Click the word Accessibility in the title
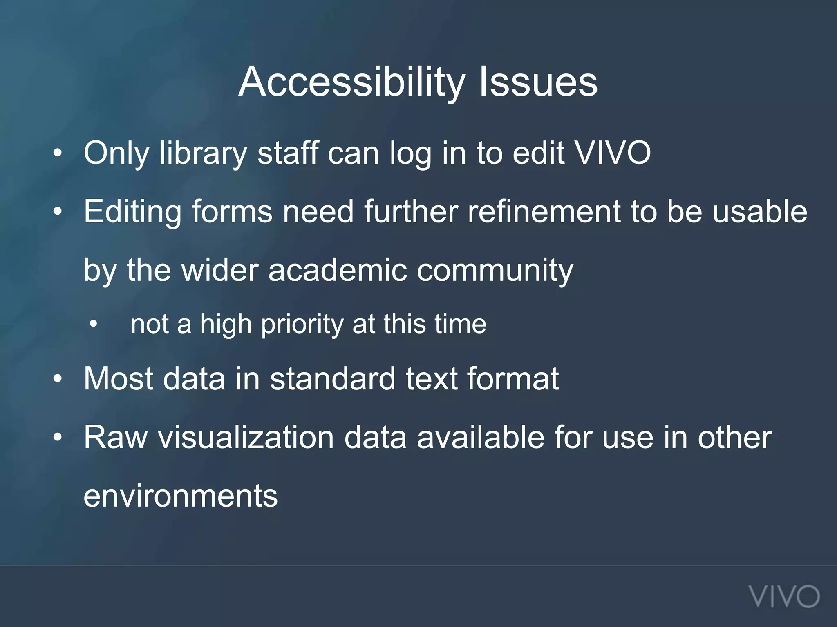(351, 82)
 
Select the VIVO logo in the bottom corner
(784, 596)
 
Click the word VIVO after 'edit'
(613, 153)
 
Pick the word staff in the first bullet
(288, 153)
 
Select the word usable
(760, 211)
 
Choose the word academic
(338, 270)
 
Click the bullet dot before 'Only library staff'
(58, 153)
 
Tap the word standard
(333, 378)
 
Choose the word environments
(180, 496)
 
